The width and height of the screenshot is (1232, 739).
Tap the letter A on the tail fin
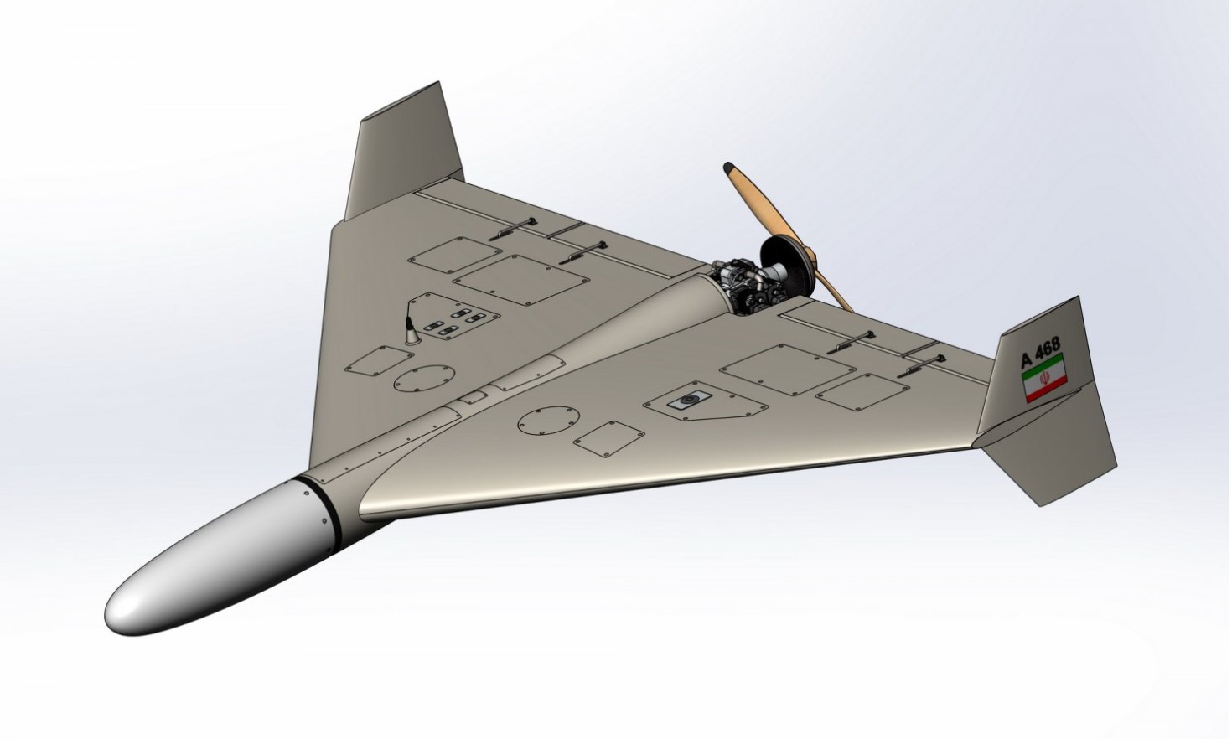click(x=1028, y=359)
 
